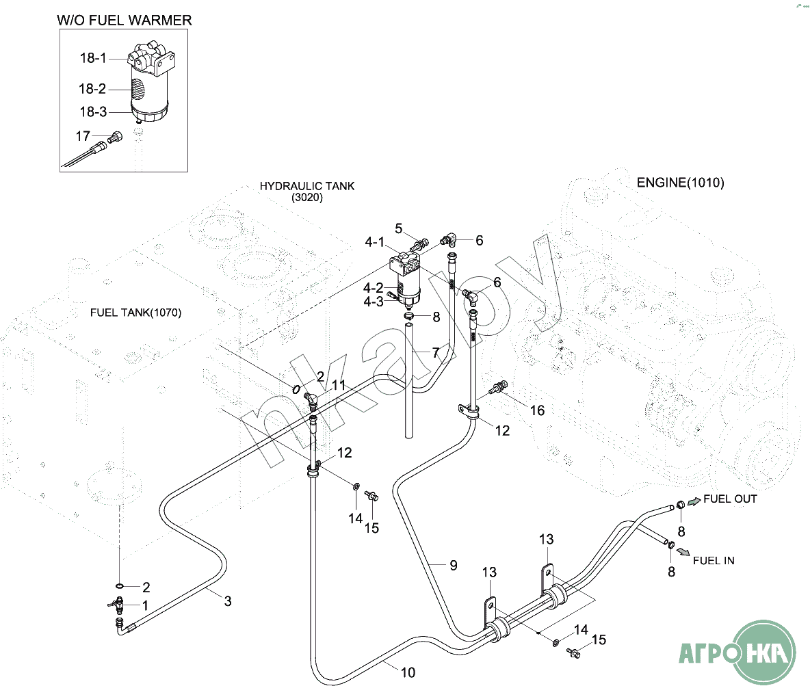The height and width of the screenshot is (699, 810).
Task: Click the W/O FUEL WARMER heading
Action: point(124,21)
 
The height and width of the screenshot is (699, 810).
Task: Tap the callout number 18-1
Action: point(93,58)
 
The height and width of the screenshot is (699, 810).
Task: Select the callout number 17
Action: point(83,137)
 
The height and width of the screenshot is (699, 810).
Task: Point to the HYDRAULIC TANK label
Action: point(307,187)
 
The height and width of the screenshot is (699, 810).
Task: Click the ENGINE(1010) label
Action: point(680,183)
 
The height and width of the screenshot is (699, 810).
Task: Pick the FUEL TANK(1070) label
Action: point(136,313)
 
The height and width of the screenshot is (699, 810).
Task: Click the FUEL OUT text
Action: point(730,499)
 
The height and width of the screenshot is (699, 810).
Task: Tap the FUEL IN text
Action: point(714,561)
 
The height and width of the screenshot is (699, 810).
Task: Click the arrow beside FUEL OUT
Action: point(694,502)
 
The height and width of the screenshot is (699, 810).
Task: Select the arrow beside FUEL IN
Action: point(683,551)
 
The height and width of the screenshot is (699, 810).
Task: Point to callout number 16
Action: point(538,410)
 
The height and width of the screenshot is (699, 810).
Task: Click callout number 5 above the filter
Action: point(399,229)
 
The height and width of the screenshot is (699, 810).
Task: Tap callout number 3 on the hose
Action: point(228,601)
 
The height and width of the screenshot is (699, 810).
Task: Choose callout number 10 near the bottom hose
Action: point(408,673)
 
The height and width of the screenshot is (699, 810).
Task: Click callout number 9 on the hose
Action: point(453,566)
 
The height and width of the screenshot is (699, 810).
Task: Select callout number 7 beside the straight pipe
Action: point(435,353)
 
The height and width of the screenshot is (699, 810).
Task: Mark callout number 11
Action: point(339,386)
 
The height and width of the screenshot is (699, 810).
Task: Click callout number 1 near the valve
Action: point(145,605)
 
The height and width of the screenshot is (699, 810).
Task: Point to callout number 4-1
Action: point(374,242)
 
